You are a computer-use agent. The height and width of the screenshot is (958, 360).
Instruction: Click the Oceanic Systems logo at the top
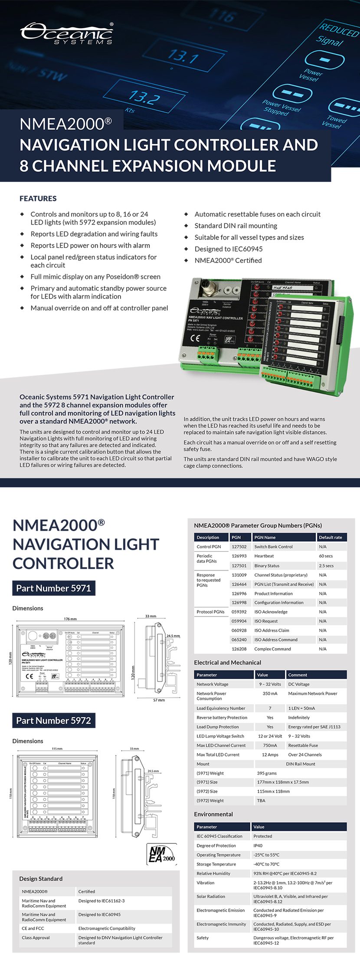[66, 33]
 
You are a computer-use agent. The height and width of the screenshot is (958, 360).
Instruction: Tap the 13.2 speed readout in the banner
[143, 97]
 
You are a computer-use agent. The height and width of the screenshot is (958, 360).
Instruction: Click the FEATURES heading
[38, 198]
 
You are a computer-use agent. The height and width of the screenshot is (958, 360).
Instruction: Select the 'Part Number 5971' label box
[54, 588]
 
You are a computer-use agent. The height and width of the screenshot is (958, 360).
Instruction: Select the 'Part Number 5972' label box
[54, 721]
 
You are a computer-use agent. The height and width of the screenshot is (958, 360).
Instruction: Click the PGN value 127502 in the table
[239, 547]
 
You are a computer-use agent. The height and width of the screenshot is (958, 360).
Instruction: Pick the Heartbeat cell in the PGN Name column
[264, 556]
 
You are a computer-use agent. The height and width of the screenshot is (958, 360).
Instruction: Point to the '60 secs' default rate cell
[326, 556]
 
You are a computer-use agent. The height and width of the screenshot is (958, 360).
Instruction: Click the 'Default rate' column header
[331, 537]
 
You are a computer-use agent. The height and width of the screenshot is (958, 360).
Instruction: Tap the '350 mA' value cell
[270, 693]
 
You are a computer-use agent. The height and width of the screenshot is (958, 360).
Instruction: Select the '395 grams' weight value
[267, 773]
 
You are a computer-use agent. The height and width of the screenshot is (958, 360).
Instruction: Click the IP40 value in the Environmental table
[258, 846]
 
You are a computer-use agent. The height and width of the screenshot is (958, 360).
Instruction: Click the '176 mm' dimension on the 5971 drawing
[70, 619]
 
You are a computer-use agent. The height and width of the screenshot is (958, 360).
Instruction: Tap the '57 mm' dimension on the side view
[159, 700]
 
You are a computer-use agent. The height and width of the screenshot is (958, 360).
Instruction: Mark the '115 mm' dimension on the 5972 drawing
[57, 748]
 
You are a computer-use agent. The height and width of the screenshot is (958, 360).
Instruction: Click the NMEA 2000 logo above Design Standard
[162, 854]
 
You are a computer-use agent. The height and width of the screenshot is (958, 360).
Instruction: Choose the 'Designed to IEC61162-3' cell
[101, 901]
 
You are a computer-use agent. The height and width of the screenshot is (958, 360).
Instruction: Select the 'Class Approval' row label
[36, 938]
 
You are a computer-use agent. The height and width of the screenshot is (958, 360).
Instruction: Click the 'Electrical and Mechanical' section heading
[228, 663]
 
